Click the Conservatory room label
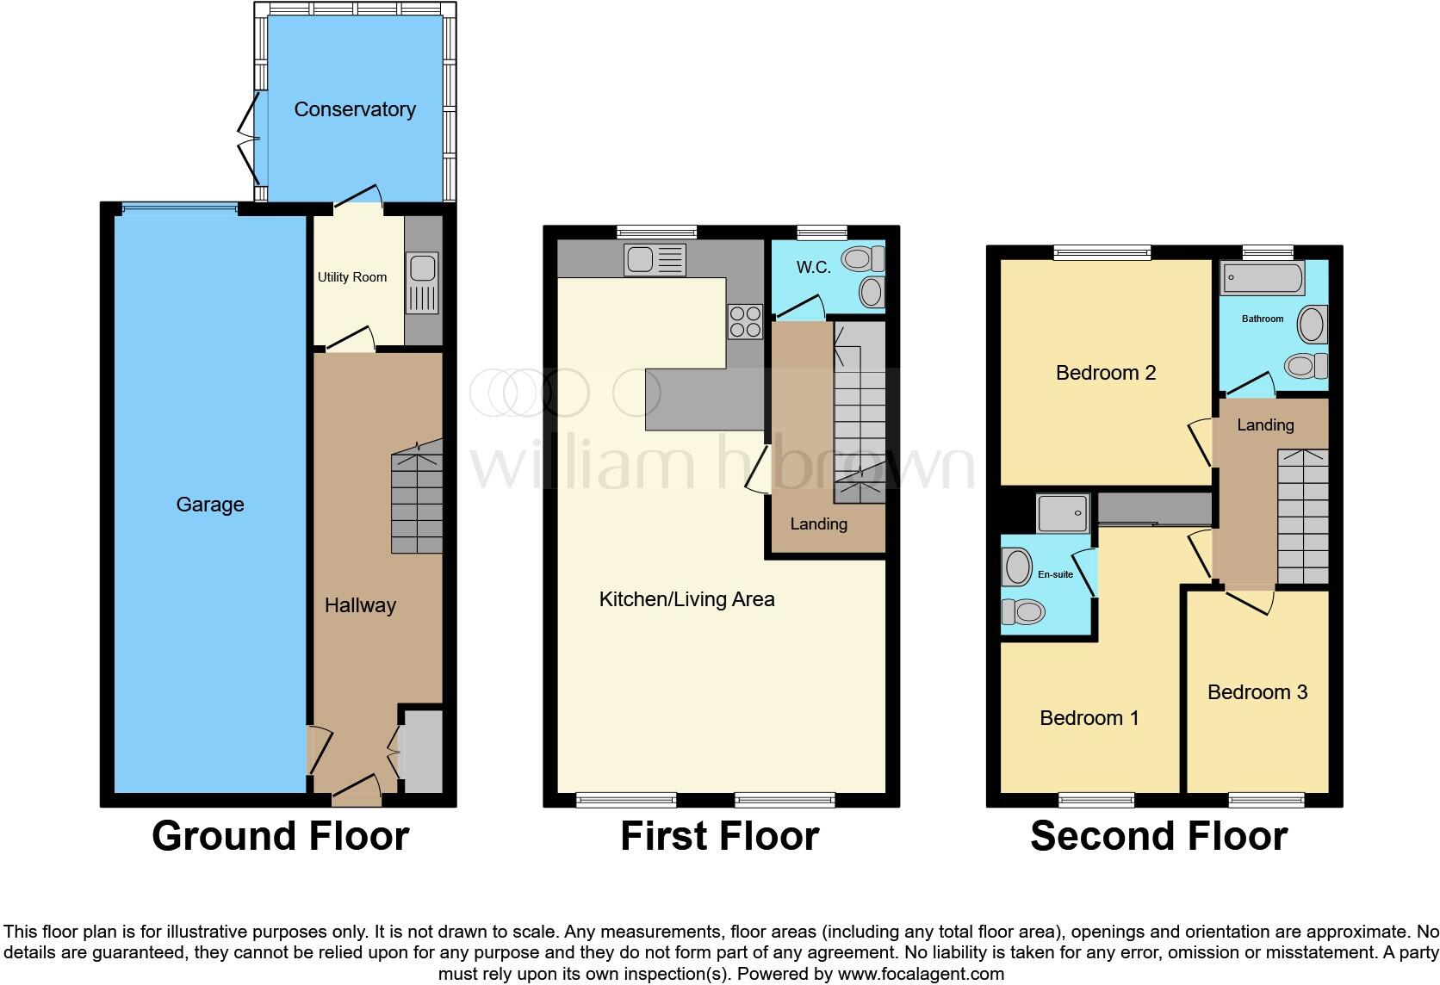pyautogui.click(x=355, y=109)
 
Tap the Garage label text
pyautogui.click(x=210, y=505)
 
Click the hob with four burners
pyautogui.click(x=745, y=322)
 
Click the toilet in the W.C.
pyautogui.click(x=865, y=258)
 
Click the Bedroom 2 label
pyautogui.click(x=1106, y=373)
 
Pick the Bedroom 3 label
pyautogui.click(x=1257, y=692)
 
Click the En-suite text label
pyautogui.click(x=1055, y=574)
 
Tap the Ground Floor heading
pyautogui.click(x=280, y=836)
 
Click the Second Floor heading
pyautogui.click(x=1158, y=836)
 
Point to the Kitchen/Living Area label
pyautogui.click(x=686, y=599)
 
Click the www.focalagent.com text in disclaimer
pyautogui.click(x=922, y=974)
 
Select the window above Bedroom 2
pyautogui.click(x=1102, y=252)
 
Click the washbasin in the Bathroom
pyautogui.click(x=1313, y=326)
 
